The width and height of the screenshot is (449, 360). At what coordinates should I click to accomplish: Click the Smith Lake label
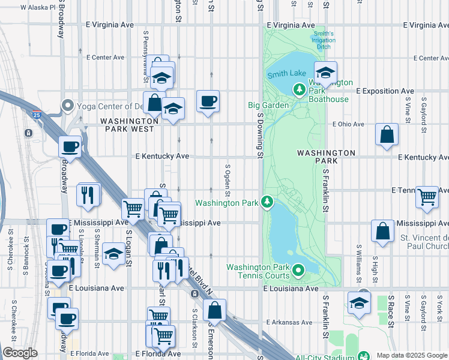287,74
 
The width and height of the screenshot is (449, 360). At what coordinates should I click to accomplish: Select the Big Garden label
268,105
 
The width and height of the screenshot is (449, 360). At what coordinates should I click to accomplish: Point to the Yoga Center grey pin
68,107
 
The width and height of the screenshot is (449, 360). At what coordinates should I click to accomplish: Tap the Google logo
20,353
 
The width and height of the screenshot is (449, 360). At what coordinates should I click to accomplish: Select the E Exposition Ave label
385,91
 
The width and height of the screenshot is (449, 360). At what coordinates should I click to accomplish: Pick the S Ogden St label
228,180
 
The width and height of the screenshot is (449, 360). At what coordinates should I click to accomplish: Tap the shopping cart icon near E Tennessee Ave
427,196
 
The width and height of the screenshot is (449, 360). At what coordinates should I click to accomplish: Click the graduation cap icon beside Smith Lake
325,73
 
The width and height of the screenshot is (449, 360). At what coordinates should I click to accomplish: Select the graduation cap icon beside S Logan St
113,253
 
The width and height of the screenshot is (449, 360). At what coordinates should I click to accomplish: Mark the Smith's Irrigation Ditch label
323,40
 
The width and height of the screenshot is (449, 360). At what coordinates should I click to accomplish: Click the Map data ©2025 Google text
411,355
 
